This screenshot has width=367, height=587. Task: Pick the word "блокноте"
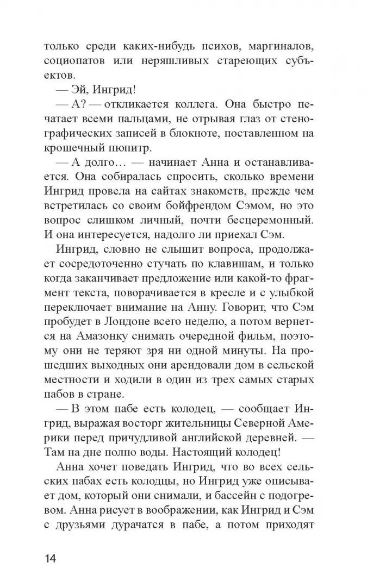(x=204, y=133)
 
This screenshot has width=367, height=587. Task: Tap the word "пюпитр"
(x=134, y=148)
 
